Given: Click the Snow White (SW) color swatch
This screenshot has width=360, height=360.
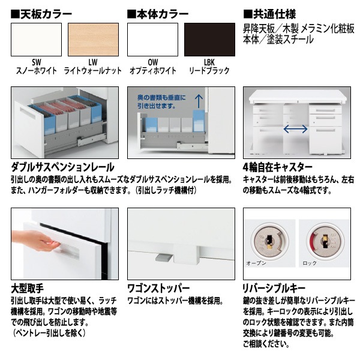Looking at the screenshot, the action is pos(36,40).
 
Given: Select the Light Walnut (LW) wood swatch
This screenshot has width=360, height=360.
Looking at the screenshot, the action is pos(93,40).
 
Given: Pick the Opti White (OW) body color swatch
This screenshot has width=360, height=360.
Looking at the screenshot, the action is pos(152,40).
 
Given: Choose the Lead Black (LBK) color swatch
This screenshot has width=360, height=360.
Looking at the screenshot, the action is pos(209,40).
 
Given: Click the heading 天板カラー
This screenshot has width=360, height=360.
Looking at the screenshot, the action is pos(41,14).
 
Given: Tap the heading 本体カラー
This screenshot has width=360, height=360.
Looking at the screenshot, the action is pos(158,14).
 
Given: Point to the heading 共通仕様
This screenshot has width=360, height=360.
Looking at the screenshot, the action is pos(269,14).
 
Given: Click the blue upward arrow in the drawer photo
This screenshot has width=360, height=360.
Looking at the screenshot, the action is pos(199,101).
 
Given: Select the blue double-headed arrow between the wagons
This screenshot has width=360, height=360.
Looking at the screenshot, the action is pos(295,129).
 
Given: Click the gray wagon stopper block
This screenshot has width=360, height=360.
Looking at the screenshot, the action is pos(163,257).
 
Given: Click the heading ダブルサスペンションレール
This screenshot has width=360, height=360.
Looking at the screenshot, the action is pos(62,167).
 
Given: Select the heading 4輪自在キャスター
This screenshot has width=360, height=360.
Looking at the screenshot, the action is pos(278,167).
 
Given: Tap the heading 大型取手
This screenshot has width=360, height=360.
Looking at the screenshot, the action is pos(28,289).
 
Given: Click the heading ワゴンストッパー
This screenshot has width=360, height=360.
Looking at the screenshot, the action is pos(158,289).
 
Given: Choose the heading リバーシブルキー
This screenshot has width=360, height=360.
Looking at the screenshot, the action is pos(274,289).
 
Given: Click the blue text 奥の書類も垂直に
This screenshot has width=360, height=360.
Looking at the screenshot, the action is pos(161,98).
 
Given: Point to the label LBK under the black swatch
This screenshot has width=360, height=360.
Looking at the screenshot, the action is pos(209,62).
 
